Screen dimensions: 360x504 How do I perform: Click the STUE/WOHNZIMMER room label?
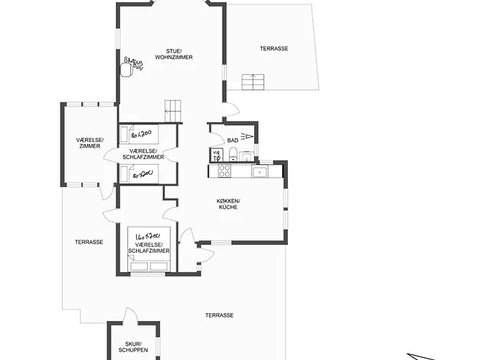(179, 53)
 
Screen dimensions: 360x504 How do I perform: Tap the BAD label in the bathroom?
(233, 140)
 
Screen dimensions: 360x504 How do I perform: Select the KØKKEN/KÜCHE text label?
(228, 204)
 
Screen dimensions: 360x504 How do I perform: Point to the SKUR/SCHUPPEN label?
(133, 347)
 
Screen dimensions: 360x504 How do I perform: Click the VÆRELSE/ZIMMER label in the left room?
(90, 143)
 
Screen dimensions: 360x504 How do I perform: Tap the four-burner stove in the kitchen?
(224, 171)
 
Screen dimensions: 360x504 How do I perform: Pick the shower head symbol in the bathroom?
(248, 135)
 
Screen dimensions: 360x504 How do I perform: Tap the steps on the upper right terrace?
(253, 81)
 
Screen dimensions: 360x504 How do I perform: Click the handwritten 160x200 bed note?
(147, 235)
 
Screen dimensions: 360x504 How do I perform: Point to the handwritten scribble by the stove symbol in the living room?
(135, 63)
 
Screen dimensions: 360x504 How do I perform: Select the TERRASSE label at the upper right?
(274, 48)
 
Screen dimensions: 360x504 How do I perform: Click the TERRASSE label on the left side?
(89, 242)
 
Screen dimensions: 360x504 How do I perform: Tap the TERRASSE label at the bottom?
(219, 315)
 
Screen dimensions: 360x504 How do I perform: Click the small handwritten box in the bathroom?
(215, 154)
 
